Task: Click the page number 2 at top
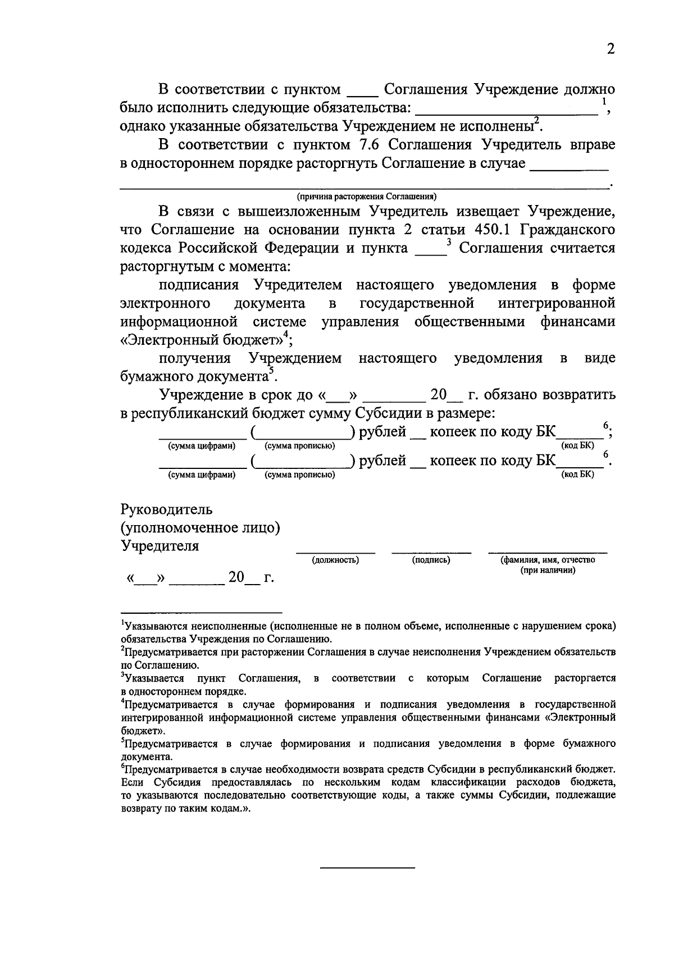(x=611, y=49)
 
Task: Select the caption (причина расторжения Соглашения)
(x=367, y=197)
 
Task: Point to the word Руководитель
(x=167, y=510)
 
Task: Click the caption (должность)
(x=335, y=560)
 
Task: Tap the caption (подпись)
(x=431, y=560)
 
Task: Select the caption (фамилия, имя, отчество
(x=548, y=560)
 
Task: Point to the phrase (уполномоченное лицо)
(x=201, y=528)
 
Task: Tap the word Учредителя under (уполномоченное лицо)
(x=160, y=546)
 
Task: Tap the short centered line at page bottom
(x=367, y=868)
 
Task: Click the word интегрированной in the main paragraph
(x=556, y=304)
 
